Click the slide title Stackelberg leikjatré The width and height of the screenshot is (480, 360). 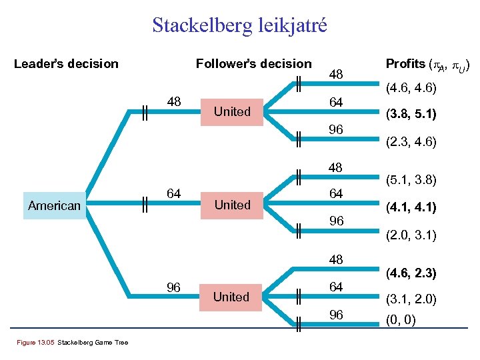tap(240, 25)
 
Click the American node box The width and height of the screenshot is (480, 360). tap(55, 206)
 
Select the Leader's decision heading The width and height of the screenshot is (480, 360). tap(66, 64)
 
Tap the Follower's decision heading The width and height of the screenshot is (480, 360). tap(253, 64)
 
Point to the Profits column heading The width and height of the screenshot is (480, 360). tap(429, 65)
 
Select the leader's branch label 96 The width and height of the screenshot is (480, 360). tap(173, 288)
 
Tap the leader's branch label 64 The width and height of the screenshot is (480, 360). tap(173, 194)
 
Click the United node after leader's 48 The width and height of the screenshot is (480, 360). tap(232, 111)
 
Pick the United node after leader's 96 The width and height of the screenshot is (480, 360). tap(231, 297)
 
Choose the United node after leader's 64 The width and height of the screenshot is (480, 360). tap(232, 205)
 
